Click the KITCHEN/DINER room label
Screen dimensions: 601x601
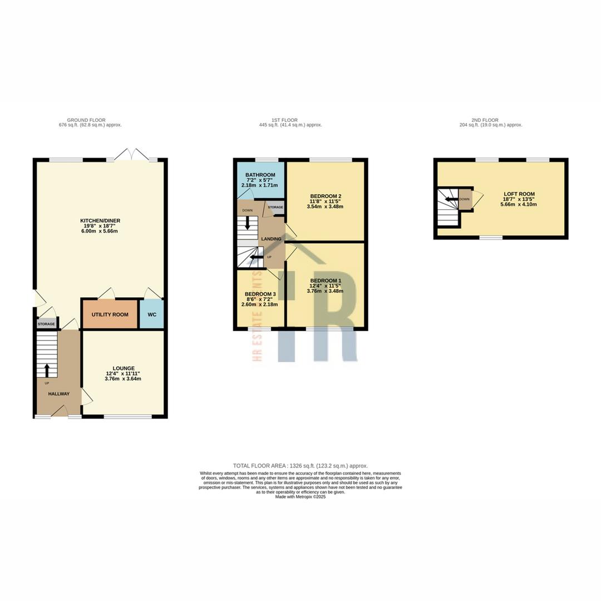point(100,221)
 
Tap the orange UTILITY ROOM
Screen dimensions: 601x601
point(110,314)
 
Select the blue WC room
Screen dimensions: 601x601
point(152,314)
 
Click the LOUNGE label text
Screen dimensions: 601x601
point(124,368)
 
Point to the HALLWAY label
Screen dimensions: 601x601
point(58,394)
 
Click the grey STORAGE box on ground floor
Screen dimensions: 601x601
point(46,324)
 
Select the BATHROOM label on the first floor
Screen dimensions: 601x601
point(260,175)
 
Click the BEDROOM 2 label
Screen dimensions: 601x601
point(326,196)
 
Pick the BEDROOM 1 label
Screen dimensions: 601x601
point(326,280)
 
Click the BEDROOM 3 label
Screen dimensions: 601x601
point(260,294)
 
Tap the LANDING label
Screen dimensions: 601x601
point(272,239)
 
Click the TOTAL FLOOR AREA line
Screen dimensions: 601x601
point(300,466)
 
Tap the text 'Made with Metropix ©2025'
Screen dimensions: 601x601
point(300,497)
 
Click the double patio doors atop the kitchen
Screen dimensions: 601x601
point(132,156)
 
